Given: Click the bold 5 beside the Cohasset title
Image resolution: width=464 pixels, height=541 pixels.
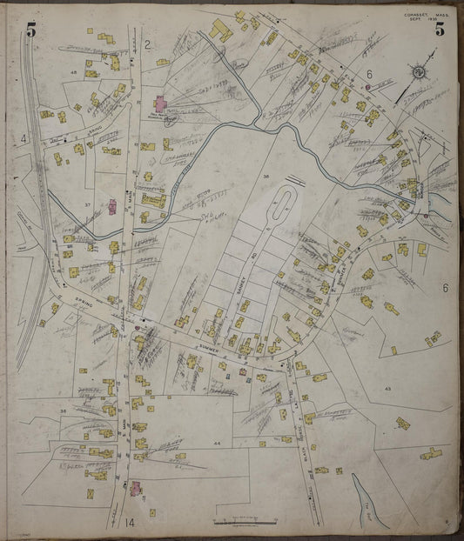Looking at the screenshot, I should point(440,29).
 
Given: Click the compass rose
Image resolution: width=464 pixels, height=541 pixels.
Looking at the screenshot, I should point(418,72).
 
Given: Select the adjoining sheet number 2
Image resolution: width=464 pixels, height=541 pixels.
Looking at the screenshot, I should point(148,44).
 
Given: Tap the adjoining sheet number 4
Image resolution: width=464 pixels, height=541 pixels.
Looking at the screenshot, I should point(25,137).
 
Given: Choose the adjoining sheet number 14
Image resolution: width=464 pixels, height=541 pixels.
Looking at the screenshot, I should point(130,522).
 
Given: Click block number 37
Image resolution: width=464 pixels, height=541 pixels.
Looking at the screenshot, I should point(87,204).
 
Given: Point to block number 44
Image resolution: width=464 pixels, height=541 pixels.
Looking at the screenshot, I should point(217,443).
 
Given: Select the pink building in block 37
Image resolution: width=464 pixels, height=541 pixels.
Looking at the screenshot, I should point(112,207).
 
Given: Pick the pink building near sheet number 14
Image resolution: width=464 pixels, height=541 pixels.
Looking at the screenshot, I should point(136,489).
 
